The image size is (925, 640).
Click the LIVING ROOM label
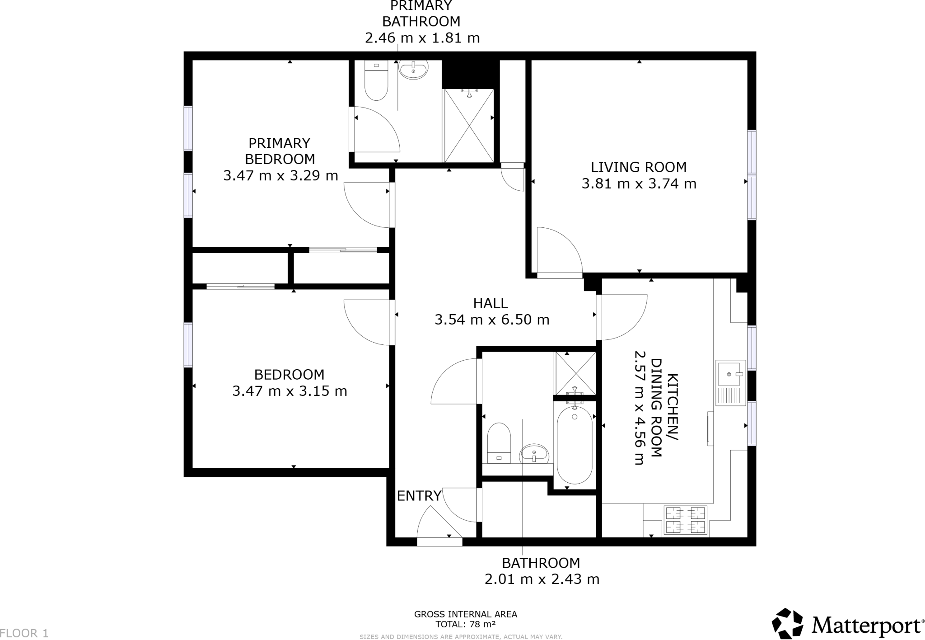638,167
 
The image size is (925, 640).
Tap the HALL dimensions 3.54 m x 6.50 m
492,320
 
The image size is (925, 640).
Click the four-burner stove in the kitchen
685,520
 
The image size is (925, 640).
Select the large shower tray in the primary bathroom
469,126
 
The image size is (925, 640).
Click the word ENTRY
419,496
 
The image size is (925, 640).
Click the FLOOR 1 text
24,633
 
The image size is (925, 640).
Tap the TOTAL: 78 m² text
465,624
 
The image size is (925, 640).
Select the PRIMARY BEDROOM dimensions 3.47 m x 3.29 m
280,175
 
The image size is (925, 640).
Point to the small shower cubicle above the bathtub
575,373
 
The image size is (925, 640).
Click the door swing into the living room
558,251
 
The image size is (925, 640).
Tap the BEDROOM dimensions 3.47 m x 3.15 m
290,391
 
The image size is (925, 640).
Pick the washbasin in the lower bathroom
534,453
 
